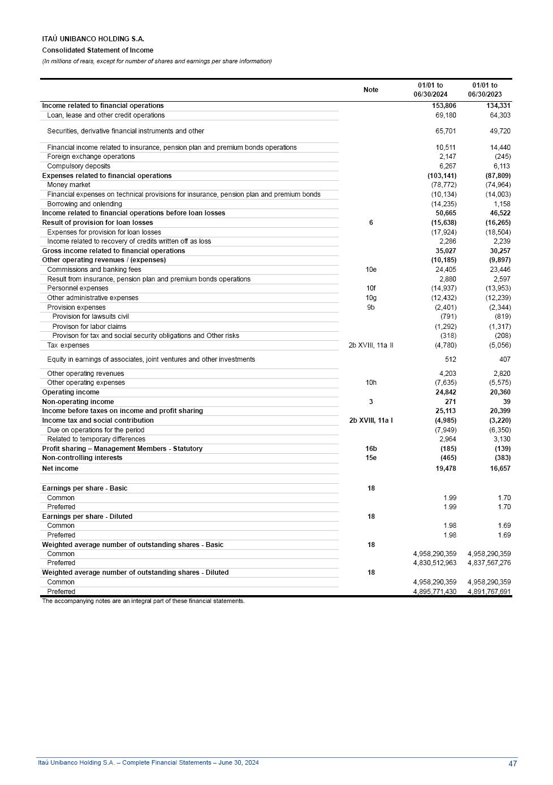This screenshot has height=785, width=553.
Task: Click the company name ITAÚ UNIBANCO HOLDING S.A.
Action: pyautogui.click(x=93, y=39)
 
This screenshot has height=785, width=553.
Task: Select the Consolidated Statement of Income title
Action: pyautogui.click(x=97, y=50)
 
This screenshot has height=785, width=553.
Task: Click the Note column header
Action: pyautogui.click(x=370, y=90)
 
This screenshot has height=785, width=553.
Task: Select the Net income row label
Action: pyautogui.click(x=60, y=469)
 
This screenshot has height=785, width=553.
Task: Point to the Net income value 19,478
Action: pyautogui.click(x=446, y=469)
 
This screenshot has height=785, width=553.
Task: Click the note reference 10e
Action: pyautogui.click(x=371, y=270)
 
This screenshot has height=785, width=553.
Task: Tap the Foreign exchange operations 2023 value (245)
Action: pyautogui.click(x=502, y=157)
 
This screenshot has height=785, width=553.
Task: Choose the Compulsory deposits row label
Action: pyautogui.click(x=79, y=166)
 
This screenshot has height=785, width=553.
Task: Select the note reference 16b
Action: pyautogui.click(x=371, y=449)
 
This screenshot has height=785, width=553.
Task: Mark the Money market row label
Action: pyautogui.click(x=68, y=185)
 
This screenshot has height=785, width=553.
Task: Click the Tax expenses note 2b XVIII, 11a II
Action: pyautogui.click(x=370, y=345)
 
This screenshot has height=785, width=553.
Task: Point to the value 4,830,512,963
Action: pyautogui.click(x=434, y=563)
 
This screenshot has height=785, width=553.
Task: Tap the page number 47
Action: pyautogui.click(x=512, y=764)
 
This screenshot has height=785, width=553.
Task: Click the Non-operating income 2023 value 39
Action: pyautogui.click(x=507, y=402)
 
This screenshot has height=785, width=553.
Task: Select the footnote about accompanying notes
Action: pyautogui.click(x=143, y=601)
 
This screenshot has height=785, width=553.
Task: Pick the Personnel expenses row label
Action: pyautogui.click(x=77, y=288)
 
